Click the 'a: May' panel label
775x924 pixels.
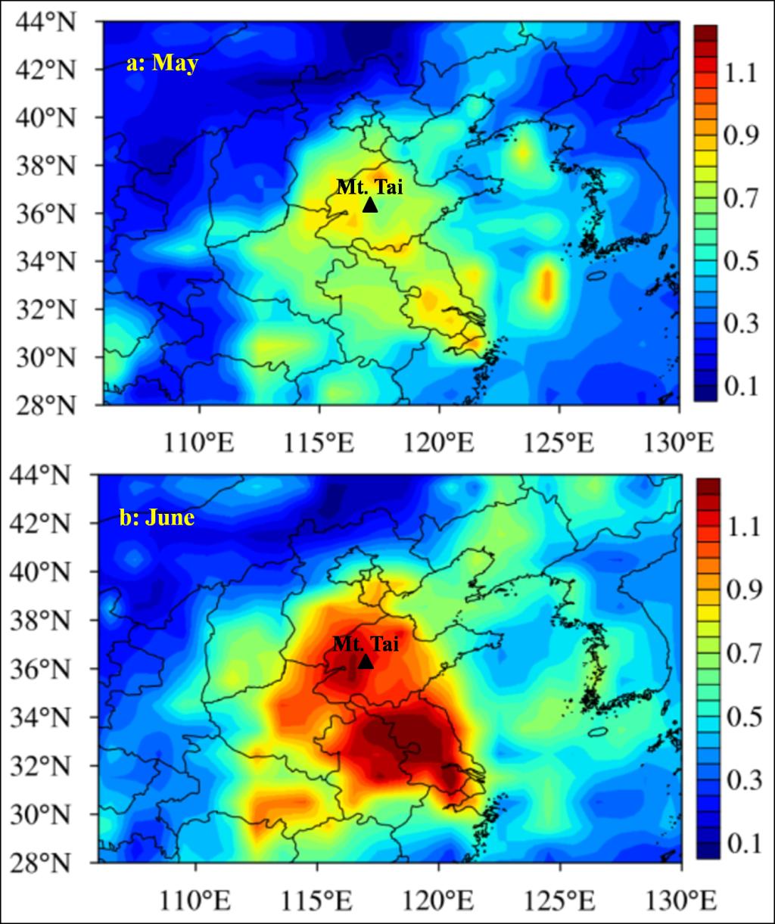[x=162, y=63]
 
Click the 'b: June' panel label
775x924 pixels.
[x=157, y=518]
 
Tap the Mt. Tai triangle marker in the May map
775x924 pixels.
[x=370, y=205]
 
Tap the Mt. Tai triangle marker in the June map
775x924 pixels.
[x=366, y=662]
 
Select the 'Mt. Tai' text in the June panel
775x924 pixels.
[x=366, y=644]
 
